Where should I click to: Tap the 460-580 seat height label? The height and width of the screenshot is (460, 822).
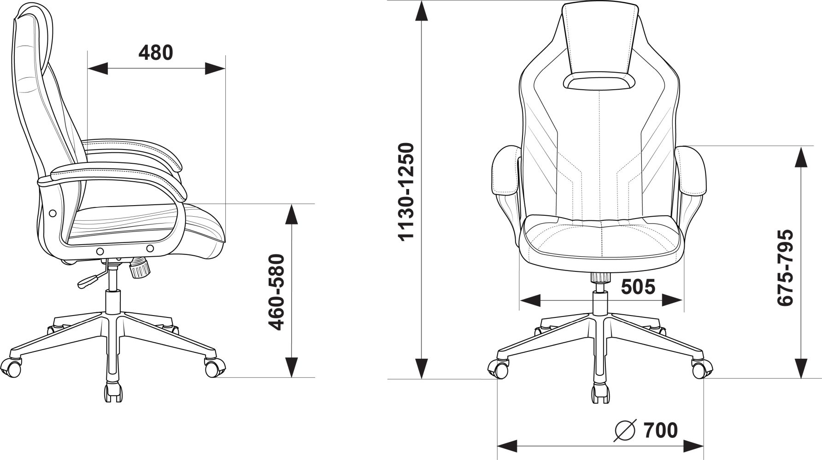276,292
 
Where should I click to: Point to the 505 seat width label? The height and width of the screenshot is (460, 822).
638,287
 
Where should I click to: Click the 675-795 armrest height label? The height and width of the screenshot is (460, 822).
785,267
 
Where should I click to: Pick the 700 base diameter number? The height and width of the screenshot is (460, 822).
661,431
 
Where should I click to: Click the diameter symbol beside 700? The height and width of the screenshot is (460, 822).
626,431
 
